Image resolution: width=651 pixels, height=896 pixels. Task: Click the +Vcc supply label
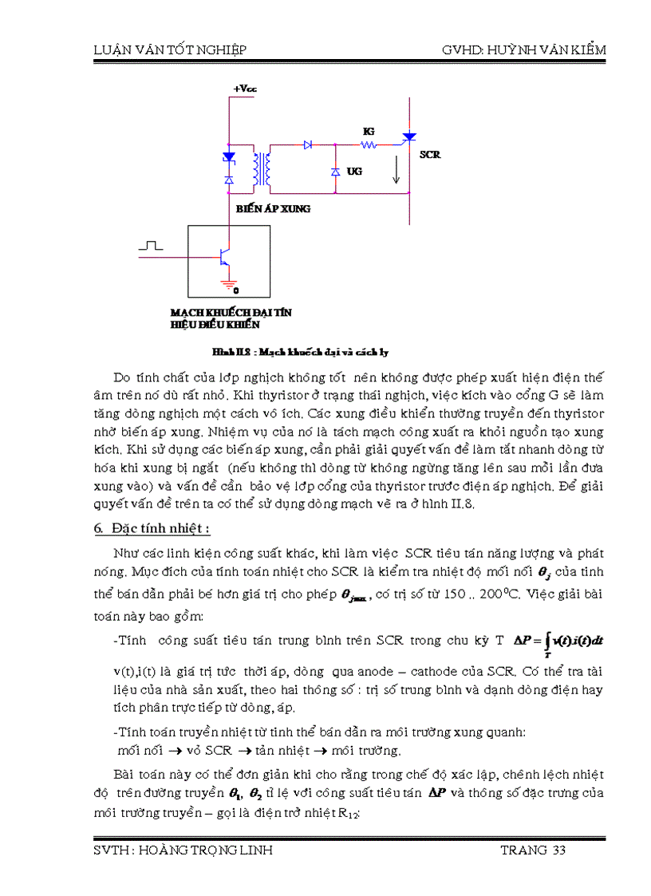point(244,89)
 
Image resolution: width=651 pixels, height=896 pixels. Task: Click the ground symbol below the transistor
point(228,284)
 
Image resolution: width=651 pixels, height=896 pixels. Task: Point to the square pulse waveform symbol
point(150,245)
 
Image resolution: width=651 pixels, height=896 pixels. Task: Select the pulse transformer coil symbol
point(262,168)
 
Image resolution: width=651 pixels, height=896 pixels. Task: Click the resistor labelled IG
point(368,145)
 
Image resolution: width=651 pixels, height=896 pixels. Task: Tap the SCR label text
point(430,155)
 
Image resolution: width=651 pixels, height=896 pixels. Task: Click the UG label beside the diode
point(354,172)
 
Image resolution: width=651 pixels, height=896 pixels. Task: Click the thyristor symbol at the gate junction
point(409,138)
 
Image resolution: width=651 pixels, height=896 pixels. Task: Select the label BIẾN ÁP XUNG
point(274,208)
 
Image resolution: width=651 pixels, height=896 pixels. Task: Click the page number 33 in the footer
point(558,851)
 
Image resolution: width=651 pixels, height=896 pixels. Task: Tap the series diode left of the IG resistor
point(308,145)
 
